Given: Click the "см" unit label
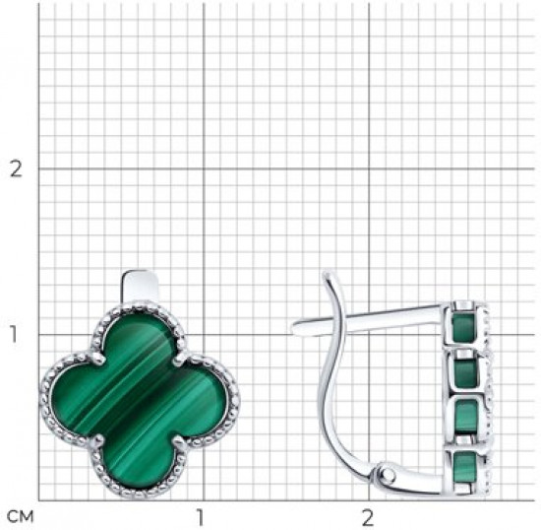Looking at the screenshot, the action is click(21, 517).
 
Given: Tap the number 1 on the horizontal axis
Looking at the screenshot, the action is click(200, 517).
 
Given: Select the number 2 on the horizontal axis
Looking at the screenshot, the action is click(368, 517).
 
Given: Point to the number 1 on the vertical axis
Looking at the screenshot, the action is click(13, 334).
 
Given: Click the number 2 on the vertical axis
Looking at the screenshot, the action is click(16, 169).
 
